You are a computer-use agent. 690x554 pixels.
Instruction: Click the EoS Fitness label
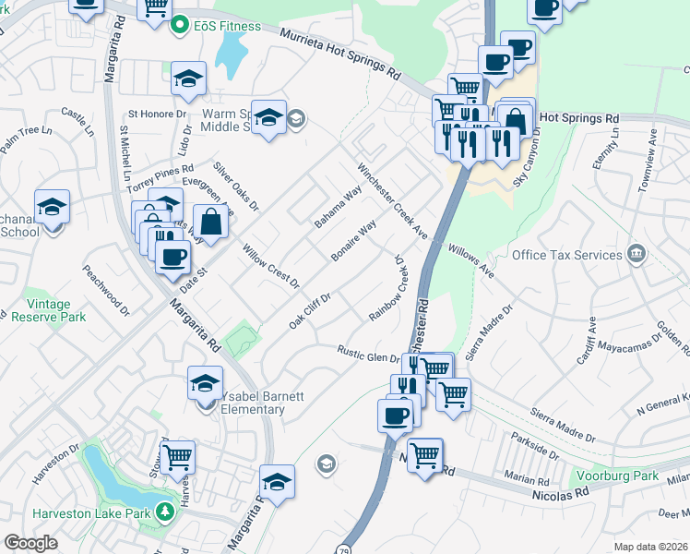click(x=222, y=28)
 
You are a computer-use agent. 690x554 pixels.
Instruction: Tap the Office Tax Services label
click(x=566, y=255)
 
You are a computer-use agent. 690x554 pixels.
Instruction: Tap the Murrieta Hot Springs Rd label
click(x=341, y=57)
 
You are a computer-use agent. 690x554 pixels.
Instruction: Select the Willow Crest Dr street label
click(x=270, y=265)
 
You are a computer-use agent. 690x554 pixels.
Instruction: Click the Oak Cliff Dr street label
click(x=310, y=310)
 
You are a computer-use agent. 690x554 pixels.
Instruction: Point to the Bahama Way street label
click(x=337, y=209)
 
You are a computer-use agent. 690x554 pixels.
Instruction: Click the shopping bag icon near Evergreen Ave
click(x=211, y=223)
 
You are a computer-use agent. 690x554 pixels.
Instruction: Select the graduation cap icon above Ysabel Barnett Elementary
click(x=205, y=381)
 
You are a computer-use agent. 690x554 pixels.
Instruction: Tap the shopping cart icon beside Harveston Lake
click(x=177, y=456)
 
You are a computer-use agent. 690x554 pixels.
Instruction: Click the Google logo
click(x=30, y=542)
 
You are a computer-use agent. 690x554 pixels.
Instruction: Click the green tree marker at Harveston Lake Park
click(x=165, y=511)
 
